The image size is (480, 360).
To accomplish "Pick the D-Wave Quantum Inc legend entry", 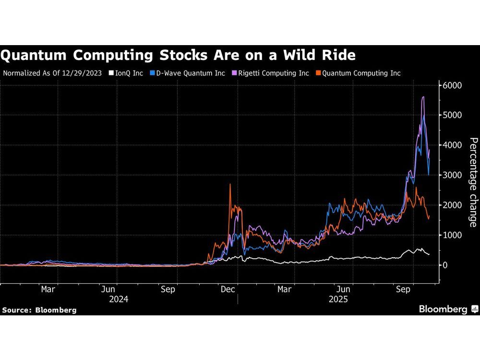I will [x=188, y=73].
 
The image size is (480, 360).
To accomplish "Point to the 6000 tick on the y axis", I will [x=452, y=85].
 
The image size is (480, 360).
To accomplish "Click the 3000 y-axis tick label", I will [x=452, y=175].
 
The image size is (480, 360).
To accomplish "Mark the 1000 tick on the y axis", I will [x=452, y=235].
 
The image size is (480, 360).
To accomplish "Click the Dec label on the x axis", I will [x=228, y=289].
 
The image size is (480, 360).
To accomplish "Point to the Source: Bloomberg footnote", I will [x=39, y=310].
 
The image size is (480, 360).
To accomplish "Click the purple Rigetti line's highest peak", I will [x=423, y=97].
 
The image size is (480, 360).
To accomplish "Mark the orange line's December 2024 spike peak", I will [x=230, y=184].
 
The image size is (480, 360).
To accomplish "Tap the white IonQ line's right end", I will [x=429, y=254].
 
